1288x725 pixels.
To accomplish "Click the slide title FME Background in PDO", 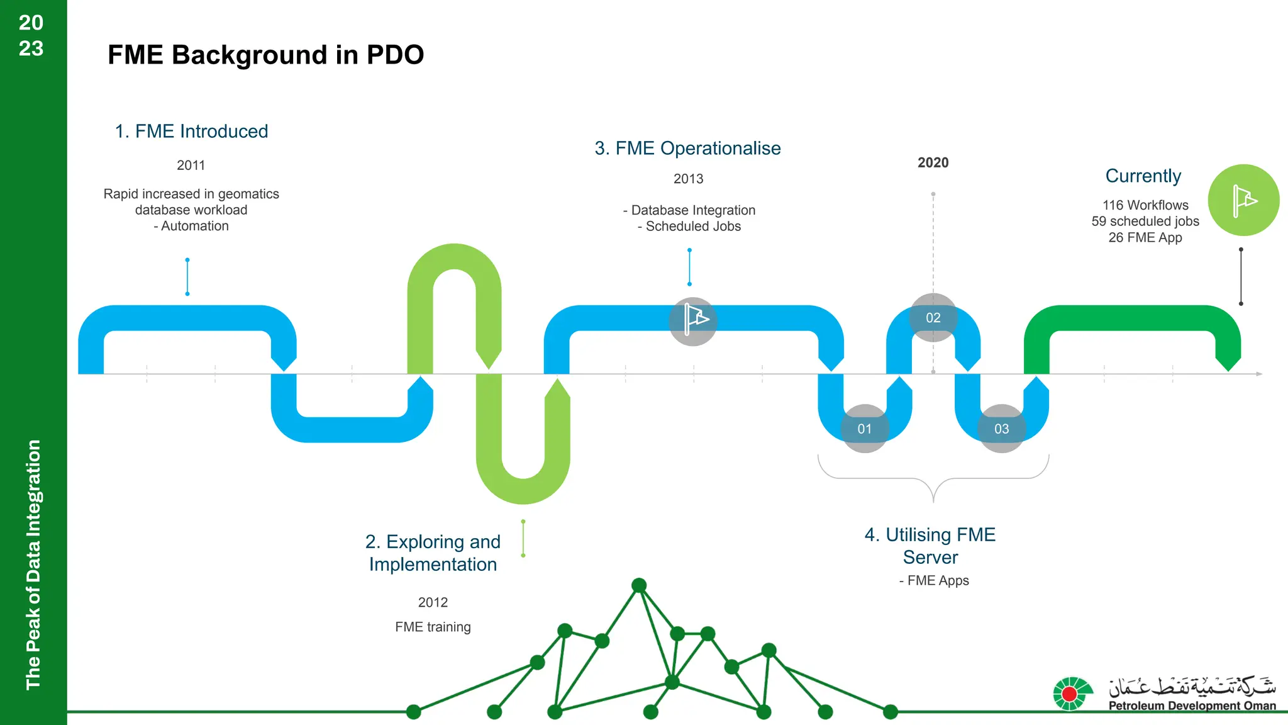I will (265, 55).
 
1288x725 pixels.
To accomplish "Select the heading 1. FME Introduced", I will (191, 131).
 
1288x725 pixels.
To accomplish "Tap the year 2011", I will (191, 165).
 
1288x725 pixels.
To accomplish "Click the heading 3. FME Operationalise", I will (687, 148).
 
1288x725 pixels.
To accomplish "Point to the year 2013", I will (688, 179).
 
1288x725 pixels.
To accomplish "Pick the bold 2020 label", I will (933, 162).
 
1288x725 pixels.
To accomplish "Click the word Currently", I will (1143, 176).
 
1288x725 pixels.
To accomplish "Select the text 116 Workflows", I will (1145, 205).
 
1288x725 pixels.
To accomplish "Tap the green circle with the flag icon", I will (1243, 200).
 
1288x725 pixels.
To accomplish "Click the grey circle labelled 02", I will (933, 318).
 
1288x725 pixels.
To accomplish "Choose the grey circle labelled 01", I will (865, 429).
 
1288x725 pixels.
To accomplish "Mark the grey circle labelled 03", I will (1001, 429).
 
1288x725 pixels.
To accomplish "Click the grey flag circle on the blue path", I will (692, 321).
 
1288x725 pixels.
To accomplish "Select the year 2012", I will (433, 602).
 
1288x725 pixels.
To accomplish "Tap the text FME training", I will (433, 627).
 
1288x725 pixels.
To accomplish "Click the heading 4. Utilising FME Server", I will (930, 546).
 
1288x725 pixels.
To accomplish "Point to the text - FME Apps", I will (934, 580).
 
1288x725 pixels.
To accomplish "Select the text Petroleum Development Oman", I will (1192, 705).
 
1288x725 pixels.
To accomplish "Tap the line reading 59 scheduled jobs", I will (1145, 222).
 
